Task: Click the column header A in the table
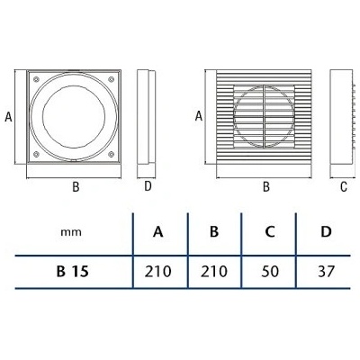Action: (158, 232)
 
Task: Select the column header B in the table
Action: (214, 232)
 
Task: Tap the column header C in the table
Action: (270, 232)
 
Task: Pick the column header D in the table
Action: (326, 232)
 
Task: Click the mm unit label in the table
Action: (71, 232)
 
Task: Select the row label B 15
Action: (73, 272)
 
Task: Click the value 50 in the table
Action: (270, 272)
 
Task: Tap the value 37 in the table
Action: (326, 272)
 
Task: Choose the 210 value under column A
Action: (158, 272)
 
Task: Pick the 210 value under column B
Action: (214, 272)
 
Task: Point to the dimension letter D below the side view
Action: (148, 186)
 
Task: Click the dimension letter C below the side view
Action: (344, 186)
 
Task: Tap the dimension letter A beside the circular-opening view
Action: (8, 116)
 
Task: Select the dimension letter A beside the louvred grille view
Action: (199, 116)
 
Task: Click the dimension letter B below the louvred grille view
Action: (266, 186)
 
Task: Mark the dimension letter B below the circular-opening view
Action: (76, 186)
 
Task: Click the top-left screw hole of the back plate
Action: (36, 79)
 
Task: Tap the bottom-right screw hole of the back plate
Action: (111, 154)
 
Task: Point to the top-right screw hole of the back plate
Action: (111, 79)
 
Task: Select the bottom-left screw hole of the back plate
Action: (36, 154)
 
